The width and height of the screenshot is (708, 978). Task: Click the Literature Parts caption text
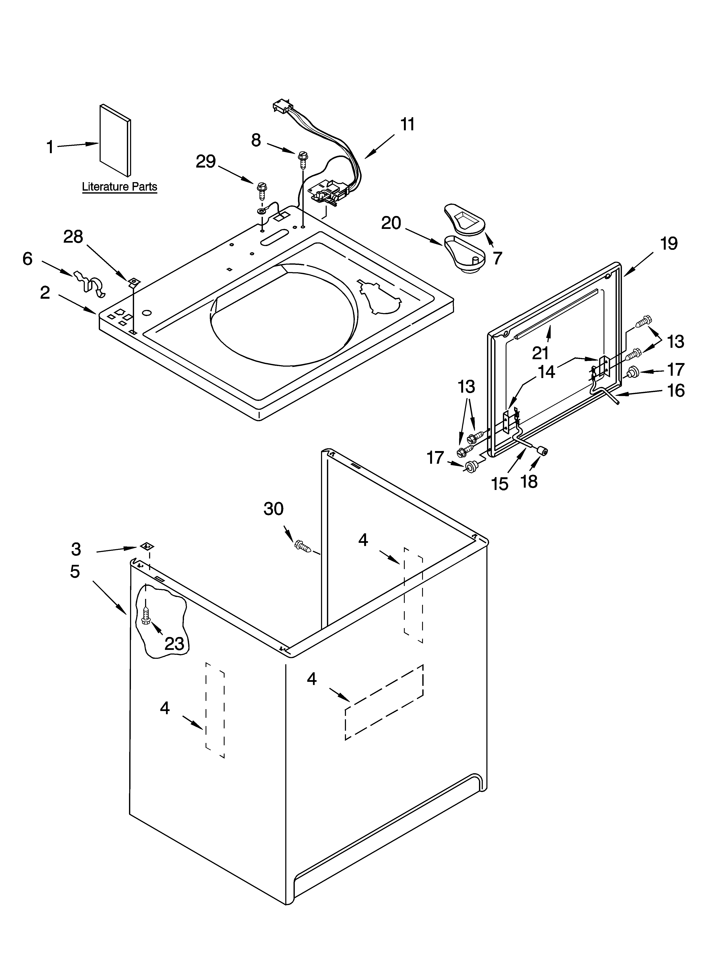click(119, 187)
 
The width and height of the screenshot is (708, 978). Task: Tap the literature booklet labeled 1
click(115, 140)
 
